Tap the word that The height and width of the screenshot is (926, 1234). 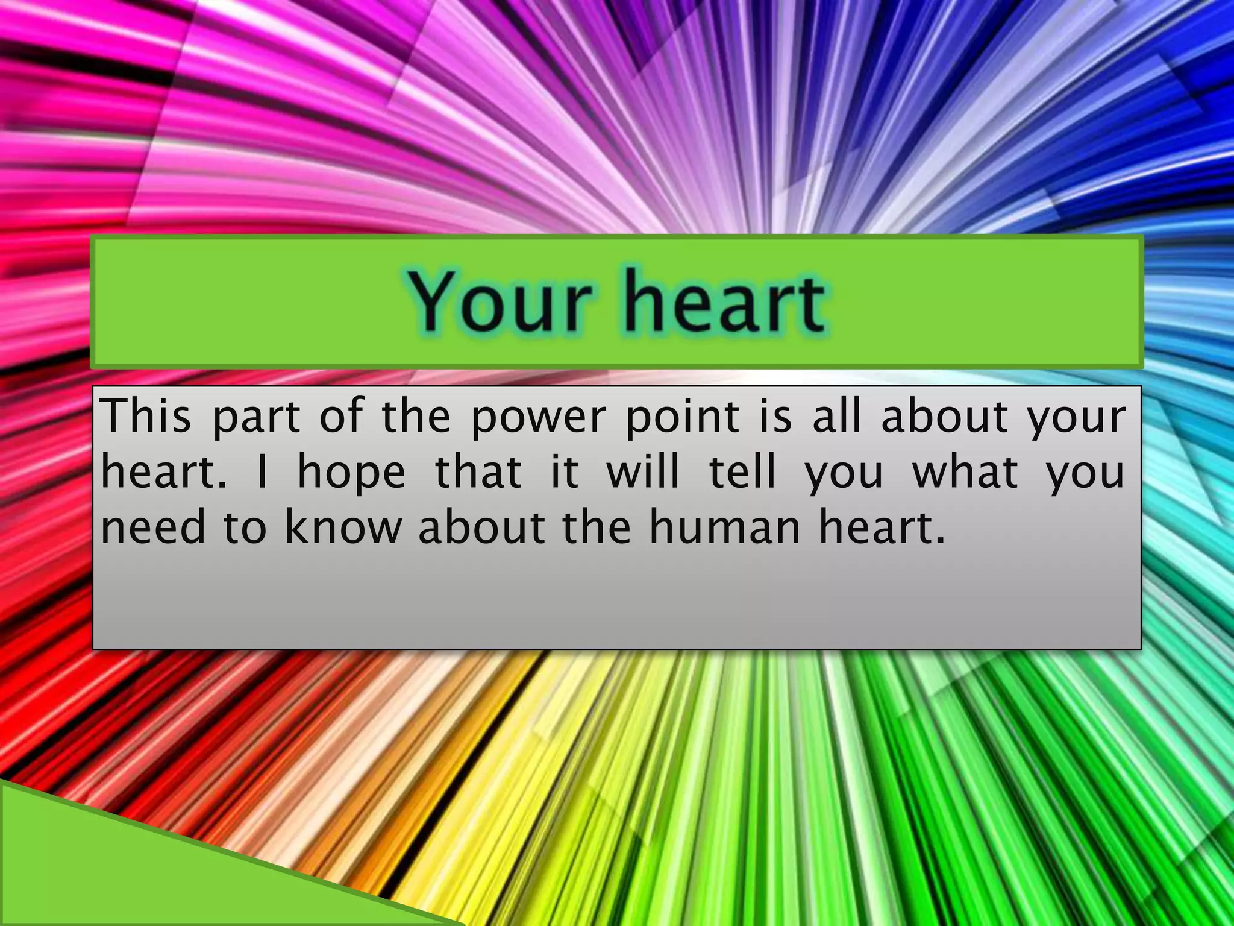click(x=478, y=471)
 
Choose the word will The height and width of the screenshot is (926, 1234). click(x=643, y=471)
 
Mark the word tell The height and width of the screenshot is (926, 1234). click(x=742, y=471)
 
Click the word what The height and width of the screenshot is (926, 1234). click(x=965, y=471)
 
